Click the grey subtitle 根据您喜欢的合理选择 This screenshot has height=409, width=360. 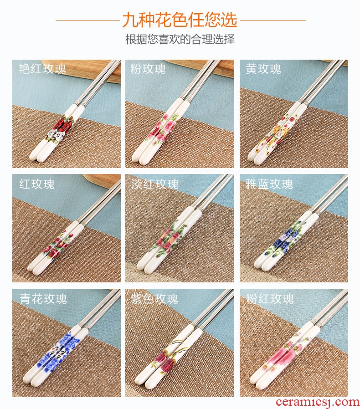point(180,39)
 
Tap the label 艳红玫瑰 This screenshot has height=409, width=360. point(42,69)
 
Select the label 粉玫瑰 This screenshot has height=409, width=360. point(148,69)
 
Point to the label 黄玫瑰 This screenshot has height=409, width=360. point(263,69)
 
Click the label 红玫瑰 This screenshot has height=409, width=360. point(36,184)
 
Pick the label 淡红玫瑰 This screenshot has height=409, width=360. point(155,184)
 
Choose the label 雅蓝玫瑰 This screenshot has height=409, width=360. point(269,184)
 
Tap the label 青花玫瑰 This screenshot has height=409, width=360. point(43,299)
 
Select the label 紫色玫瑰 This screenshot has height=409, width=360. point(154,299)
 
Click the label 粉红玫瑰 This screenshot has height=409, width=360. point(270,299)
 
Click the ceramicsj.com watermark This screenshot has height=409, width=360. point(317,402)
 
